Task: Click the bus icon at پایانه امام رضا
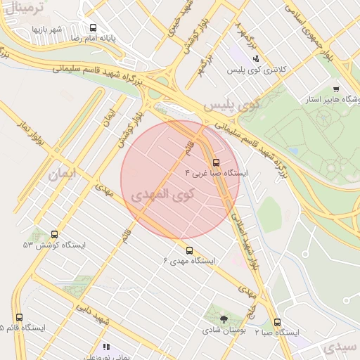click(x=93, y=28)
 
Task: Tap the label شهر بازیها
click(x=46, y=29)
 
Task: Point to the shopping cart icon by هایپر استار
click(x=336, y=89)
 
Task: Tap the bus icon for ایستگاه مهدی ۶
click(x=188, y=250)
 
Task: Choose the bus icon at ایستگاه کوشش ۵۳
click(x=55, y=234)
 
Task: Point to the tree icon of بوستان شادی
click(x=224, y=319)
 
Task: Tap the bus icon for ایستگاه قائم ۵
click(x=19, y=318)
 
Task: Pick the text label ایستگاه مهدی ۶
click(x=190, y=261)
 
